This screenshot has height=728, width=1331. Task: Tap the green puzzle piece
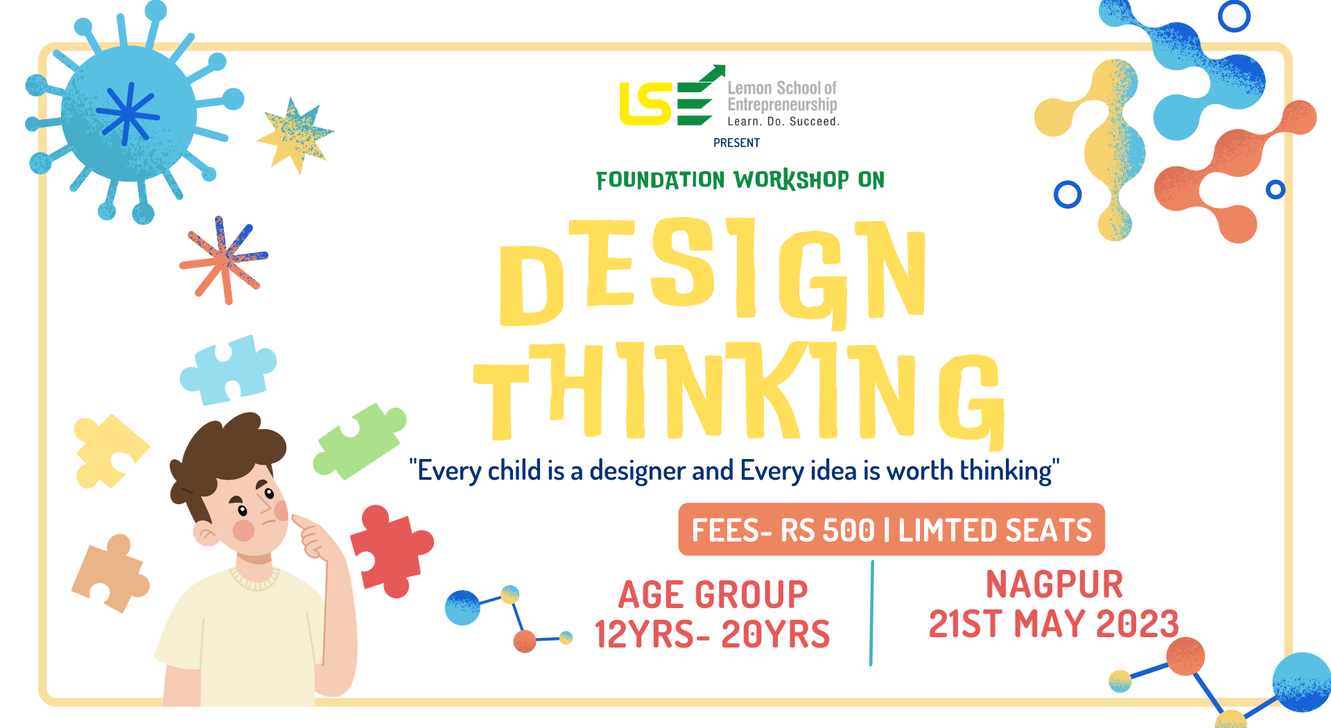coord(358,442)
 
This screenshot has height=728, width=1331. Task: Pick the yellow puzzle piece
coord(107,451)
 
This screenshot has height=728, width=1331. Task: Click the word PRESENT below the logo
coord(736,143)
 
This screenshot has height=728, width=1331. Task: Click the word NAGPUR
coord(1054,584)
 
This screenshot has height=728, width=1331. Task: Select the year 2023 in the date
coord(1137,624)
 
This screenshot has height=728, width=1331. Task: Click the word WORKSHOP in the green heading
coord(791,180)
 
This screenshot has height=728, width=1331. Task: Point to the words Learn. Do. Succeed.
coord(783,121)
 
